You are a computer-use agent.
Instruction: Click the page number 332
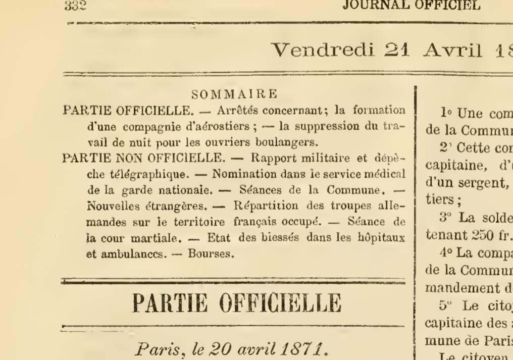pyautogui.click(x=75, y=6)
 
